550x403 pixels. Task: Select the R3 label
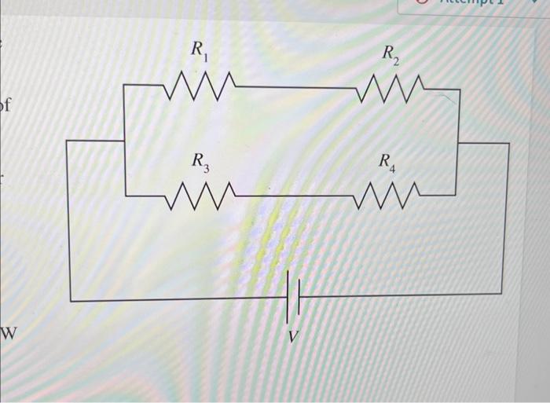(x=201, y=163)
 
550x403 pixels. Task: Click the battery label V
(x=292, y=336)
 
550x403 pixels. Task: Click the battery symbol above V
(x=292, y=297)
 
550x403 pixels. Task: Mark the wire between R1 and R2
(x=295, y=87)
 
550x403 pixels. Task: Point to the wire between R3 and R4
(x=295, y=195)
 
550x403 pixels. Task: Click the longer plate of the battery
(x=288, y=297)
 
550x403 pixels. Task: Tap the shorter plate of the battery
(x=298, y=297)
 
